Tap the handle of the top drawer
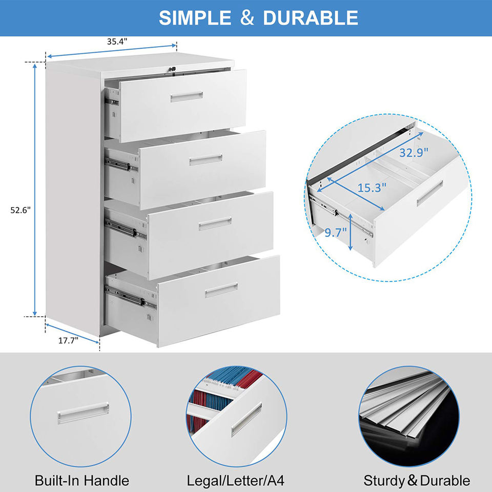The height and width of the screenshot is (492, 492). [x=187, y=97]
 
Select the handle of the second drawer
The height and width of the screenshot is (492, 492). [x=206, y=159]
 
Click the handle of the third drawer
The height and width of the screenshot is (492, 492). [x=215, y=223]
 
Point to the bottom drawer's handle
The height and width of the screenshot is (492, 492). [x=221, y=291]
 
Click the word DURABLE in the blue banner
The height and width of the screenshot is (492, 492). [x=310, y=18]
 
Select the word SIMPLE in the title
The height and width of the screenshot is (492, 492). [x=194, y=18]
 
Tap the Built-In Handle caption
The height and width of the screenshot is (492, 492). [x=82, y=481]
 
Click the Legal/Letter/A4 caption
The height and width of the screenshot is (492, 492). [x=236, y=481]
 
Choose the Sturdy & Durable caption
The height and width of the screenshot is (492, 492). [x=416, y=481]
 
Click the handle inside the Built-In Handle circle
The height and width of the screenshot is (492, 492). [x=83, y=413]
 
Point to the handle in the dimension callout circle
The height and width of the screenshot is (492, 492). [x=429, y=193]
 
